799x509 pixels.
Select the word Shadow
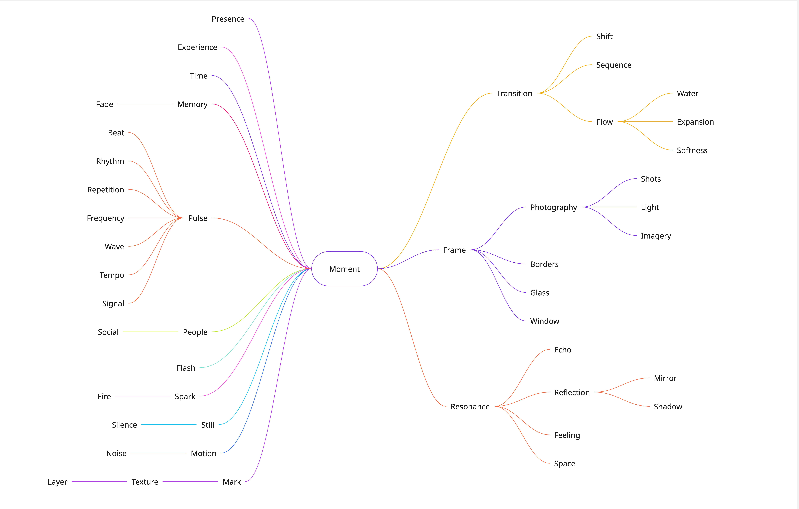click(668, 407)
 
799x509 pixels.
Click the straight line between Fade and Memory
click(145, 104)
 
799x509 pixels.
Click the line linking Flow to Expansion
click(645, 122)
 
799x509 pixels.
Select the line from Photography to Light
click(609, 207)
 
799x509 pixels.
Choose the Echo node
click(562, 350)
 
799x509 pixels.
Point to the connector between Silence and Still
click(169, 425)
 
